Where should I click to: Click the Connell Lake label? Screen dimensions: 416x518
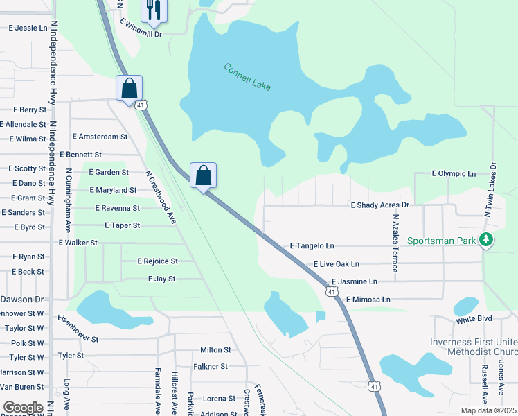[x=247, y=77]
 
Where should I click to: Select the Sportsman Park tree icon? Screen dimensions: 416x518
[x=487, y=240]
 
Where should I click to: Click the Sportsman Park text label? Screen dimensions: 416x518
[x=442, y=241]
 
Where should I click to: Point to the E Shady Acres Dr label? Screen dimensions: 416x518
[x=380, y=205]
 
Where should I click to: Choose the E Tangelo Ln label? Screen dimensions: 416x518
[x=312, y=246]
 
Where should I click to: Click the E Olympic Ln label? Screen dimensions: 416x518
[x=454, y=173]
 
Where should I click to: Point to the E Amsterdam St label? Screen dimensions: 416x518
[x=99, y=137]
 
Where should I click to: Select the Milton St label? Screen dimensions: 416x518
[x=215, y=351]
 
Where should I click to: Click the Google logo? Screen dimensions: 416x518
[x=23, y=408]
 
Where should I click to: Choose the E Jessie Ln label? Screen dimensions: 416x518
[x=28, y=28]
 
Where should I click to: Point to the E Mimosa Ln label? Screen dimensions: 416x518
[x=368, y=300]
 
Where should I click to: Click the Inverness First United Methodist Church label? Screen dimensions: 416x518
[x=474, y=347]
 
